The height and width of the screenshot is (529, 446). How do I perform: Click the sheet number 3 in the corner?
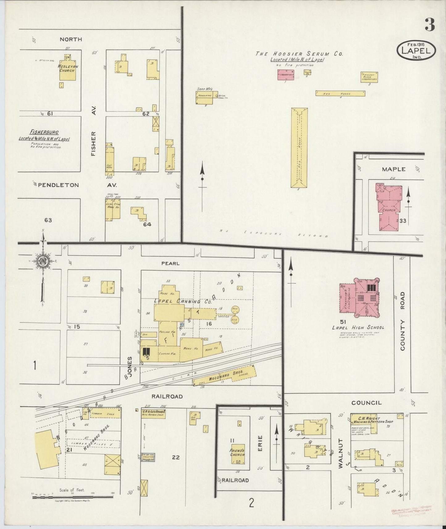430,25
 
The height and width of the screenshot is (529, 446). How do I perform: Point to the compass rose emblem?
42,261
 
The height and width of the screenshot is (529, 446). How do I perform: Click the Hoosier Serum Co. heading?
299,54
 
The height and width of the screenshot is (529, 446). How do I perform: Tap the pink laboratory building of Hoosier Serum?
285,75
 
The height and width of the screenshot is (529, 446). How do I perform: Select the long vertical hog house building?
299,148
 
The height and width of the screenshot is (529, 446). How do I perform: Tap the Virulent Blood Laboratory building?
369,77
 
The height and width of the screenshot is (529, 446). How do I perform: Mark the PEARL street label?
170,264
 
